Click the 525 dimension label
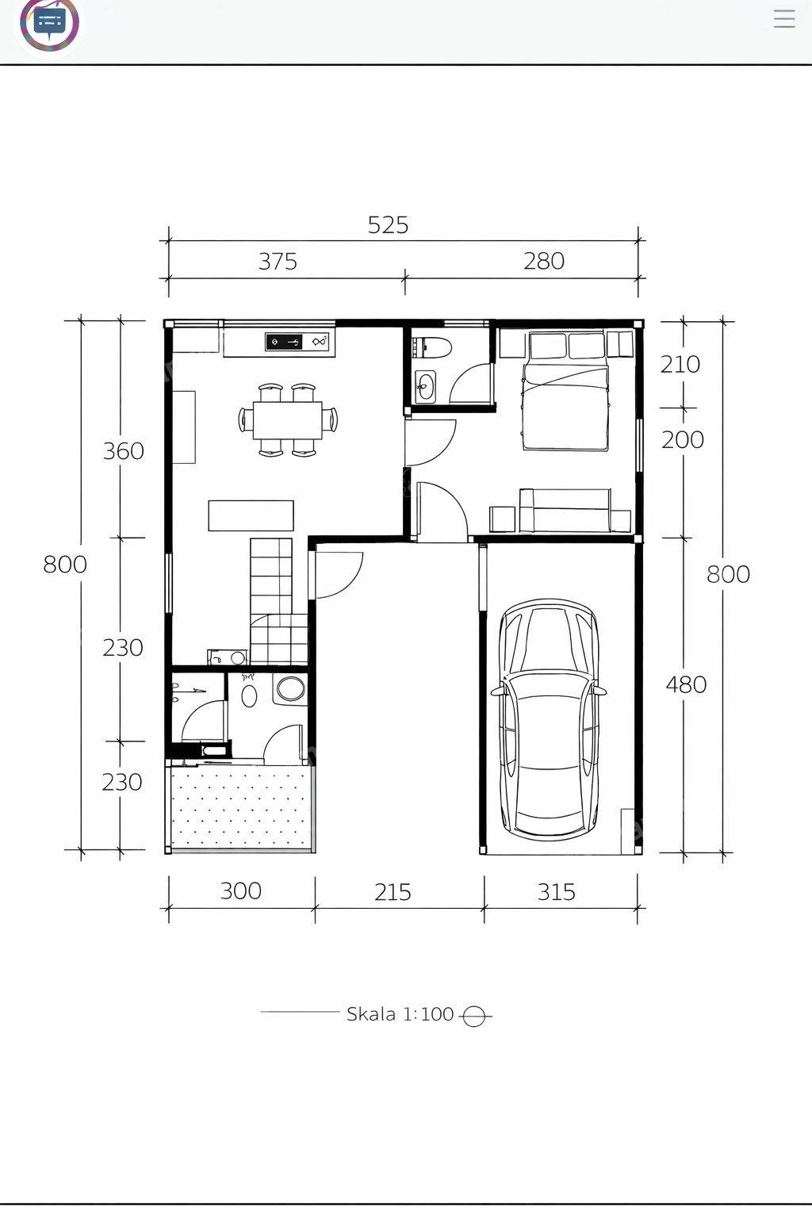pos(388,225)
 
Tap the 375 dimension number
pos(278,262)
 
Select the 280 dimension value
pos(544,261)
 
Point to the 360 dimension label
pos(124,450)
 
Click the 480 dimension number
pos(686,684)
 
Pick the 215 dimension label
pos(393,892)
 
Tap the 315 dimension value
pos(556,892)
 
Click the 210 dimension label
pos(680,364)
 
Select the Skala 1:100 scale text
pos(400,1014)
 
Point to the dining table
pos(287,419)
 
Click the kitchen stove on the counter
pos(283,342)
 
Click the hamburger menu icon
pos(783,18)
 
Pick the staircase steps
pos(278,601)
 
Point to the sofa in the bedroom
pos(565,511)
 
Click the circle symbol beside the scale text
pos(473,1015)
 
